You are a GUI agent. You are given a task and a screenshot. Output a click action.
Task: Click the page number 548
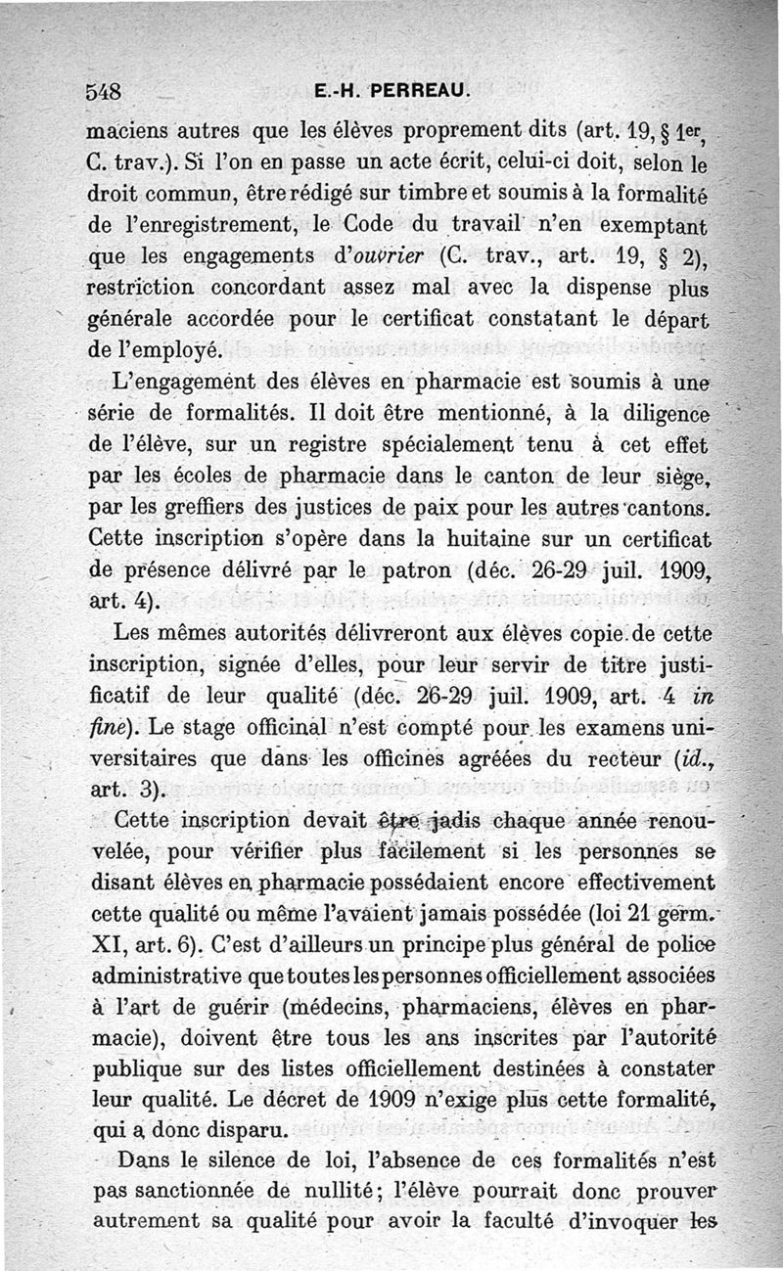click(103, 93)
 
